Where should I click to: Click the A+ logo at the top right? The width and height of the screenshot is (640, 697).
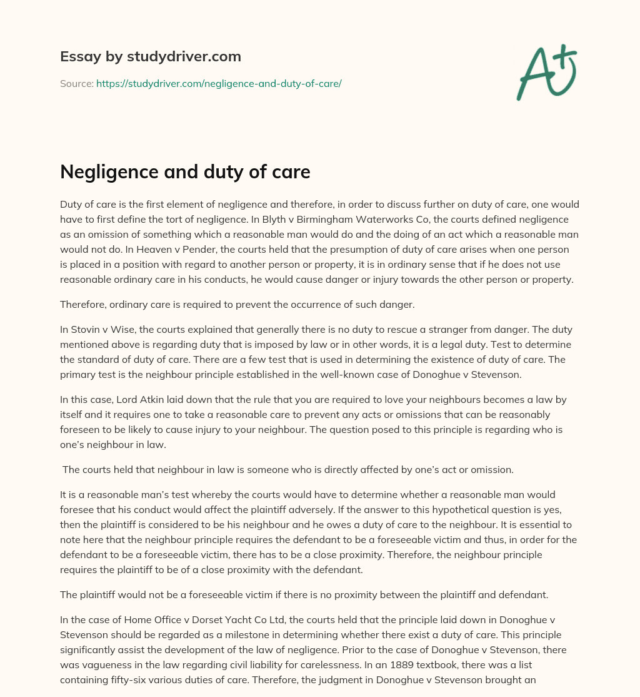(546, 72)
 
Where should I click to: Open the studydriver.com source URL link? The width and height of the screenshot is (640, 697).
(219, 83)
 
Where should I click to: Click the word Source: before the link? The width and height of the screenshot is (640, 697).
(77, 83)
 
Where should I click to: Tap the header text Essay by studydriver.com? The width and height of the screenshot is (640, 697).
(151, 57)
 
